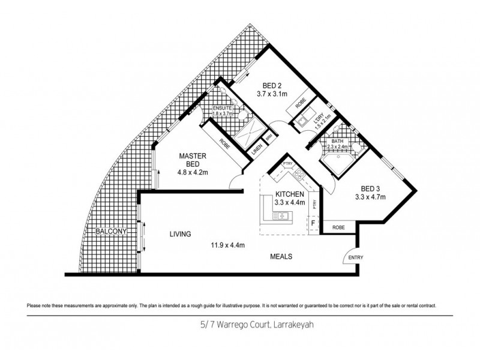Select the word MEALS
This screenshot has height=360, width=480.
pyautogui.click(x=280, y=256)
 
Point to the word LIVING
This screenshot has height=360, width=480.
pyautogui.click(x=179, y=235)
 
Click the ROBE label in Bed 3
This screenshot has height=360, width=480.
pyautogui.click(x=338, y=228)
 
